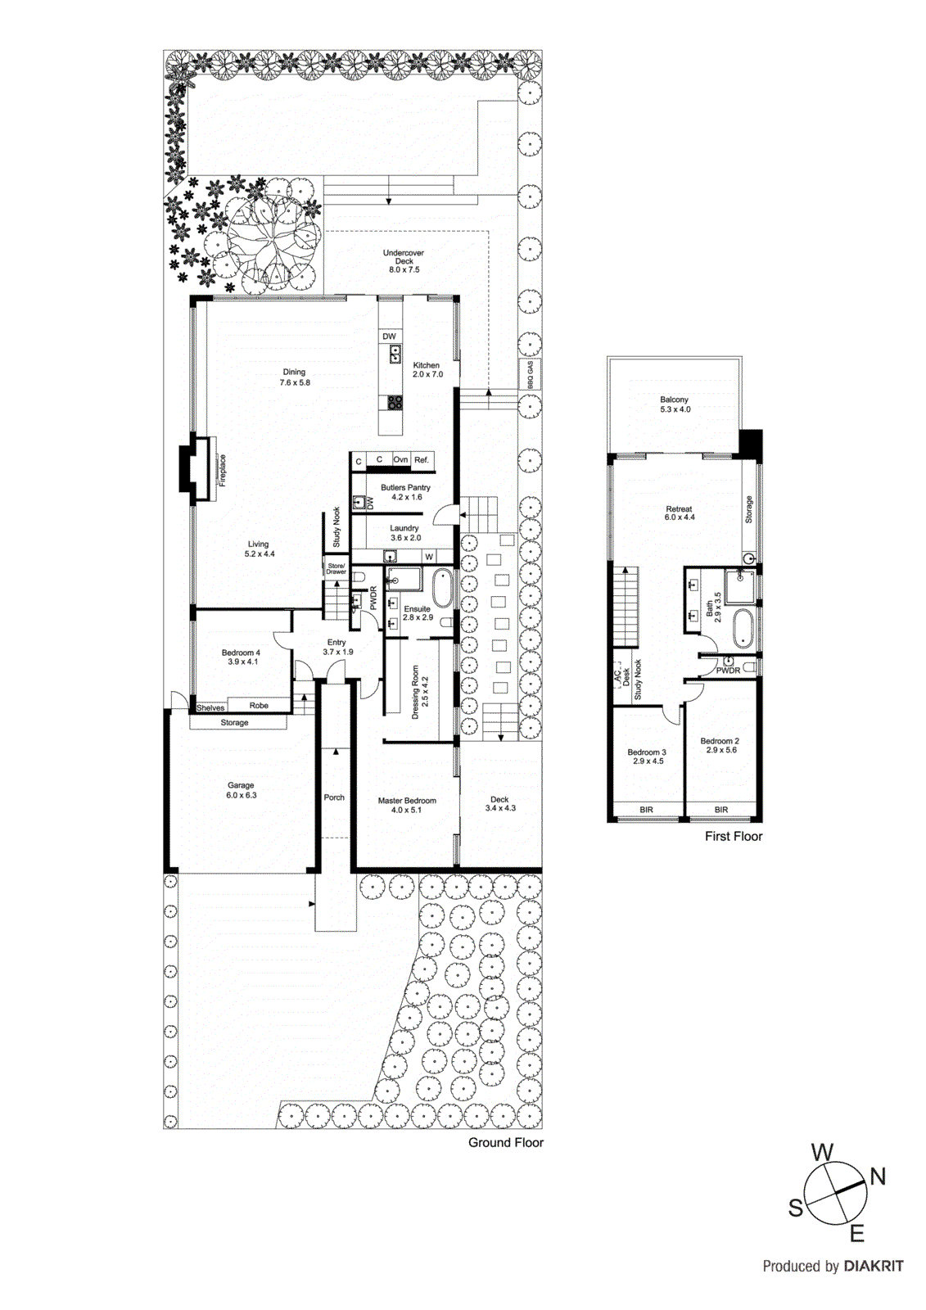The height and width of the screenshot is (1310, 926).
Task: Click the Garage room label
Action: point(241,790)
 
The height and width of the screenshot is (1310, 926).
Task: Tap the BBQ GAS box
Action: point(530,374)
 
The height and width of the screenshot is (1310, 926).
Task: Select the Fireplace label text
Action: point(222,471)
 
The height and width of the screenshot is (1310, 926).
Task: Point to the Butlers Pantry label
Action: point(405,492)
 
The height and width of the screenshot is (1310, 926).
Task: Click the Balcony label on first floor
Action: point(675,404)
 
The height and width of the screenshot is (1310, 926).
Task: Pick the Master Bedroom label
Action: point(407,805)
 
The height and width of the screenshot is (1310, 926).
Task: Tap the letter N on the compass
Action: point(878,1177)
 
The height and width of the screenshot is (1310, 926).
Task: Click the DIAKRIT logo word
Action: point(874,1267)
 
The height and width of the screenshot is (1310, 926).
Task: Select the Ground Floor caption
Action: point(505,1142)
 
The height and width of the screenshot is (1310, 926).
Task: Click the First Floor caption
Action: point(734,836)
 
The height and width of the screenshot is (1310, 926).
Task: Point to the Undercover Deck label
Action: point(404,261)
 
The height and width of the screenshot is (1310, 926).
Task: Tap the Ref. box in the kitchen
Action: point(421,460)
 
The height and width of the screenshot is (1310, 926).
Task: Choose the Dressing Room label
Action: point(420,692)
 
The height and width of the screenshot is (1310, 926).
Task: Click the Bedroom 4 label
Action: point(241,657)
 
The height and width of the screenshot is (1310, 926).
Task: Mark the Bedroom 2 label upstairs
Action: point(720,745)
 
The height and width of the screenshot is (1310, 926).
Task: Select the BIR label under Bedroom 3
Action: point(646,810)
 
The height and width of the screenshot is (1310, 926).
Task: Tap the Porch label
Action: point(334,797)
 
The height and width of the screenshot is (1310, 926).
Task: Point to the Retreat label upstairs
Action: point(679,513)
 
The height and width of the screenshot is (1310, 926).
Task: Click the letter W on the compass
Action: point(822,1153)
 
